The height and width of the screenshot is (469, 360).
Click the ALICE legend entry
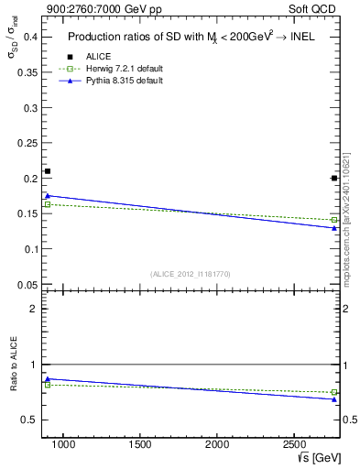tap(98, 56)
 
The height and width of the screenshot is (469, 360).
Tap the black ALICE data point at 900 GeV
tap(48, 171)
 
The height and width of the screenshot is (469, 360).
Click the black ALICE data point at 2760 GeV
tap(334, 179)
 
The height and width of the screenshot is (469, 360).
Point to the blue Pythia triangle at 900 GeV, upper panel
tap(48, 195)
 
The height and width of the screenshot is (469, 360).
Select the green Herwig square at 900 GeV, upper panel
tap(48, 204)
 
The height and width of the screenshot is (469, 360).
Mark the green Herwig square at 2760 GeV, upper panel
tap(334, 220)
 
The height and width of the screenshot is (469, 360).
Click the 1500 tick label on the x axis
tap(140, 444)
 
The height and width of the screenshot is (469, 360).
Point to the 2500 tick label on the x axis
tap(295, 444)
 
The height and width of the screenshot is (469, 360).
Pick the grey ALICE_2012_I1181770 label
tap(190, 273)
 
